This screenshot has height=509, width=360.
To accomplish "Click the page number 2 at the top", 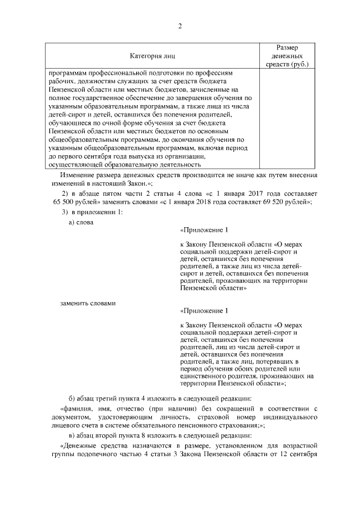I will point(180,26).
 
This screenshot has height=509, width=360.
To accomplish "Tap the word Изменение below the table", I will point(74,175).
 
